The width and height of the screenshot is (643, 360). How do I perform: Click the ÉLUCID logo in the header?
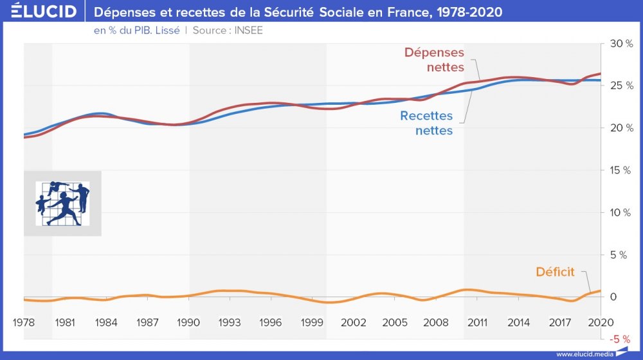39,12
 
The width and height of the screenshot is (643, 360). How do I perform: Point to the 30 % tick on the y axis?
622,44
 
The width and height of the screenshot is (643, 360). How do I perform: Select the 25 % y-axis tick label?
622,85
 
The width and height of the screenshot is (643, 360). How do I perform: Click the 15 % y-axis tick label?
622,170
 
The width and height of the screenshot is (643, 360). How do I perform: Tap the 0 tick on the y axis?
613,297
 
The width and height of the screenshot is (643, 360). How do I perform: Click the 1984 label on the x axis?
106,322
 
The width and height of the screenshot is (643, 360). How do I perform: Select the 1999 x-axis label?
312,322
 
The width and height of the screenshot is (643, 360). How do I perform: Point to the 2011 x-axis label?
477,322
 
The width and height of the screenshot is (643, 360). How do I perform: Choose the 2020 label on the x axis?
601,322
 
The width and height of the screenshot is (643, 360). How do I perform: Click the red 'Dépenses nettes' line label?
434,59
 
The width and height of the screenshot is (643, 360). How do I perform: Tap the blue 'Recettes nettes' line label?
426,123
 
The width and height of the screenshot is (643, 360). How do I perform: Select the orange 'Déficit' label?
555,272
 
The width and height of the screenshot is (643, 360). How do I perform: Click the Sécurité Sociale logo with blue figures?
62,203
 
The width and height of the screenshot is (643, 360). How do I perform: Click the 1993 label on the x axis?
230,322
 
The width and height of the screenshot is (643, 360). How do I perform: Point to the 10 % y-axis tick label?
622,213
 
